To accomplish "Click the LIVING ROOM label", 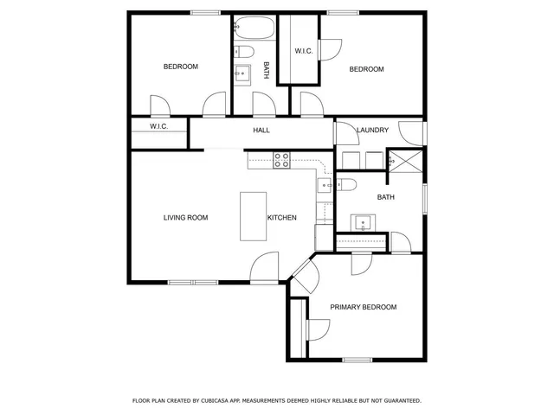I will point(185,218).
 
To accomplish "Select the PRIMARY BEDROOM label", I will point(364,307).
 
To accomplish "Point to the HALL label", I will point(261,131).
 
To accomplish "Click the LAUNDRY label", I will point(372,131).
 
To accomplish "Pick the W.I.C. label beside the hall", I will point(158,127).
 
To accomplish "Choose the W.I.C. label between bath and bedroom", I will point(304,51).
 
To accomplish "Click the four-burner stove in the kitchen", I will point(281,159).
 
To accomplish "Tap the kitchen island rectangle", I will point(252,216).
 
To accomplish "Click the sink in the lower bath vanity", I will point(362,223).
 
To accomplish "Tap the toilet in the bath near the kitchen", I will point(345,183).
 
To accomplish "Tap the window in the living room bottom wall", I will point(193,282).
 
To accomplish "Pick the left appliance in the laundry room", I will point(350,161).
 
